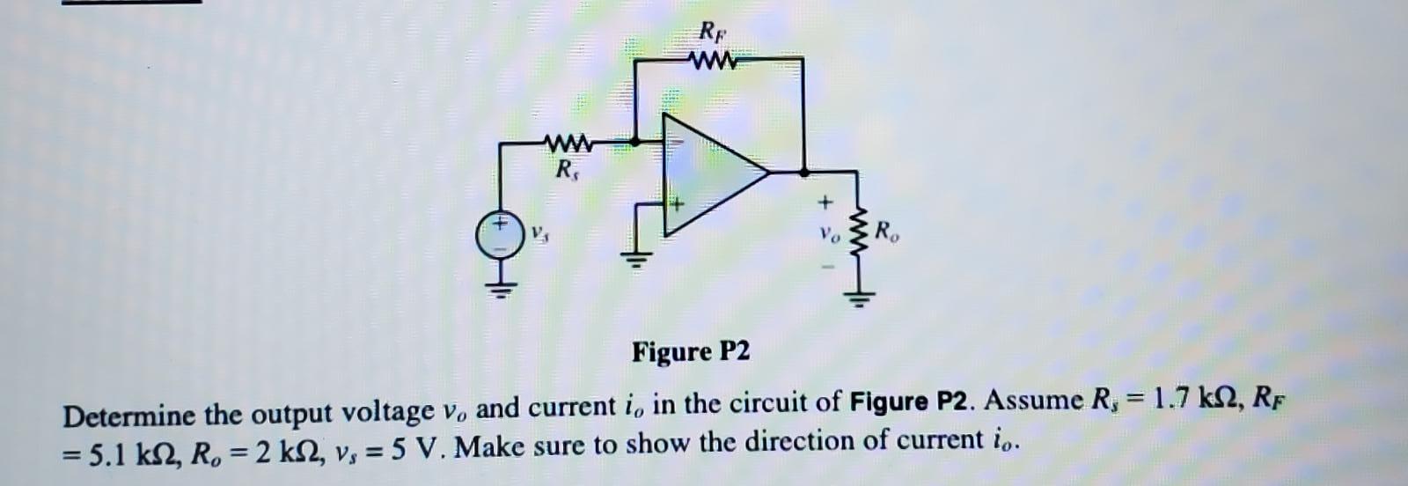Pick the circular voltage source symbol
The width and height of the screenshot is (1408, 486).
click(499, 235)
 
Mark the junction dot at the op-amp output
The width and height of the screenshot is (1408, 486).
click(803, 172)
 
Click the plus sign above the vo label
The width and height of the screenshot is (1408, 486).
click(825, 203)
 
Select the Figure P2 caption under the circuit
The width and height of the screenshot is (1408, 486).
click(692, 352)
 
